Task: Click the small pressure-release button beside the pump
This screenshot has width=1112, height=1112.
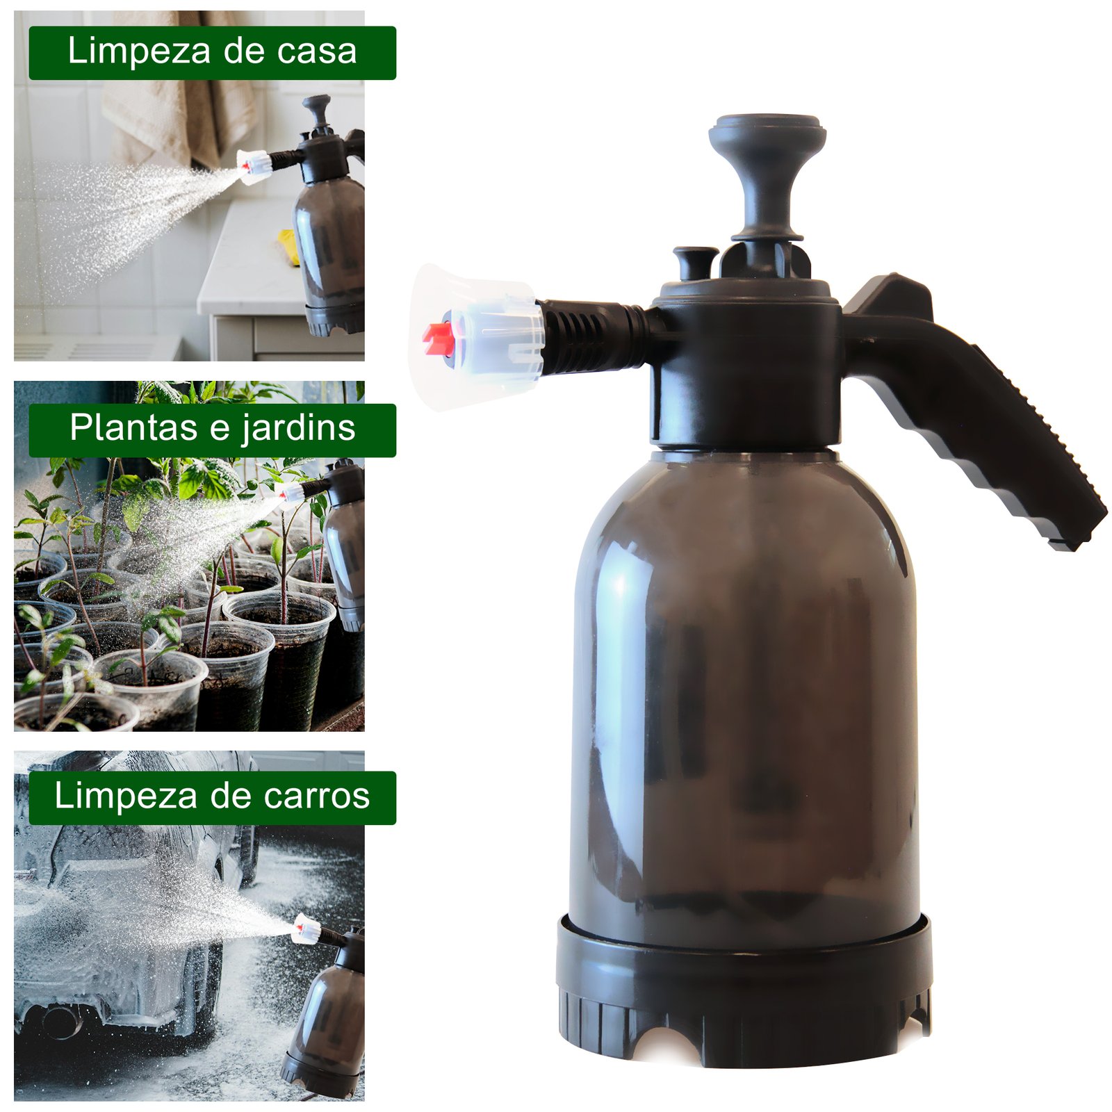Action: point(695,263)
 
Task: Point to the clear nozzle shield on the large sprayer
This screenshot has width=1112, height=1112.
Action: point(476,337)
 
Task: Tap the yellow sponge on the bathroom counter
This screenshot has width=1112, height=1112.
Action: point(289,247)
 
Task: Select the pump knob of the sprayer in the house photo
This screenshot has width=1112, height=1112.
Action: point(318,111)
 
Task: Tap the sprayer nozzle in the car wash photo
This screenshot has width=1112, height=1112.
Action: point(306,929)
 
